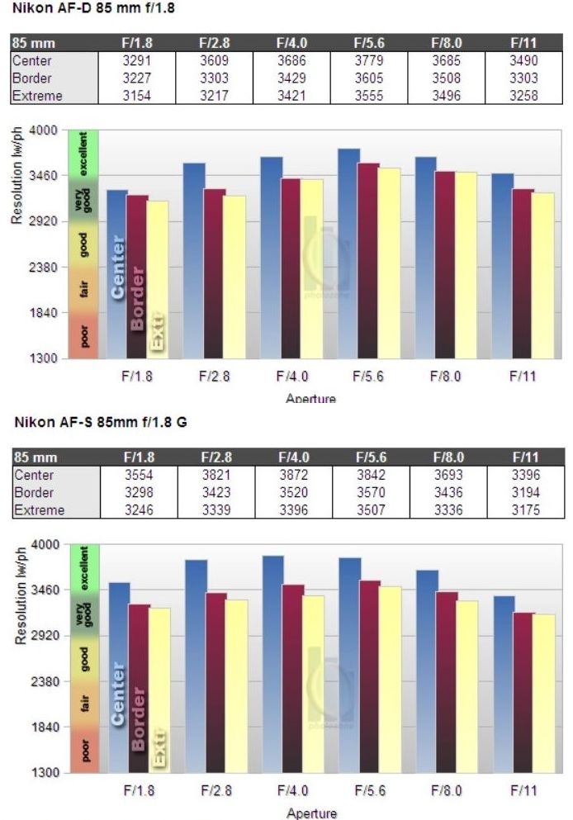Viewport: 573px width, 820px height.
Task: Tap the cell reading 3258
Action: (525, 96)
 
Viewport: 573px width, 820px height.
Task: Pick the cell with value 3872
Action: (294, 475)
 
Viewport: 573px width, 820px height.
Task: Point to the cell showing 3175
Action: (525, 510)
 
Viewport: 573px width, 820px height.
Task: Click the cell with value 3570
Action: (372, 493)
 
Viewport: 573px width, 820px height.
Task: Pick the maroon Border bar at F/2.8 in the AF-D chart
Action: (215, 273)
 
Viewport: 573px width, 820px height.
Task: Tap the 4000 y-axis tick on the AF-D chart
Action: (41, 130)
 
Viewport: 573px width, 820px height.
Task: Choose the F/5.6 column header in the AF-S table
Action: (372, 457)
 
